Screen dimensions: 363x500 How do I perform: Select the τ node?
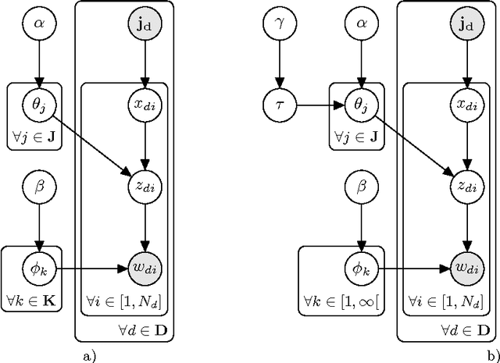[280, 104]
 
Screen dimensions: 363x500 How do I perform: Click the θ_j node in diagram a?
[39, 104]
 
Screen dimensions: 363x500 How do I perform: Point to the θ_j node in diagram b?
[360, 104]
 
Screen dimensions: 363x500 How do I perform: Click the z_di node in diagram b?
[466, 186]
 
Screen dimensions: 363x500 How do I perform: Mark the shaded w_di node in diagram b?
[466, 268]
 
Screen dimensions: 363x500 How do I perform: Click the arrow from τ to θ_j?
[320, 104]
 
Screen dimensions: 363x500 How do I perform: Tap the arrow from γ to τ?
[280, 65]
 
